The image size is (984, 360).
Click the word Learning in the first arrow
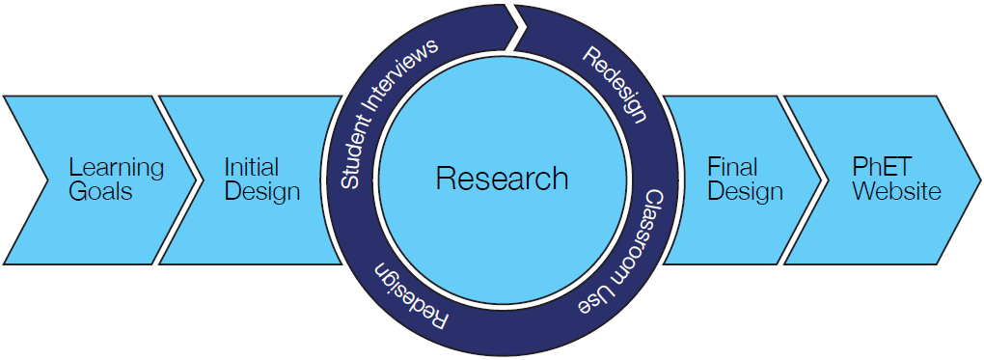click(x=117, y=167)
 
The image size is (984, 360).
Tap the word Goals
click(x=100, y=191)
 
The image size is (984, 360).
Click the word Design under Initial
click(x=261, y=191)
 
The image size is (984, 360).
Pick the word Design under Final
click(x=745, y=191)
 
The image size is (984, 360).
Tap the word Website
click(x=895, y=191)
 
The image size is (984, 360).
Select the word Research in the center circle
click(x=502, y=179)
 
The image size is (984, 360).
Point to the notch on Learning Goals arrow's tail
click(x=46, y=180)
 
